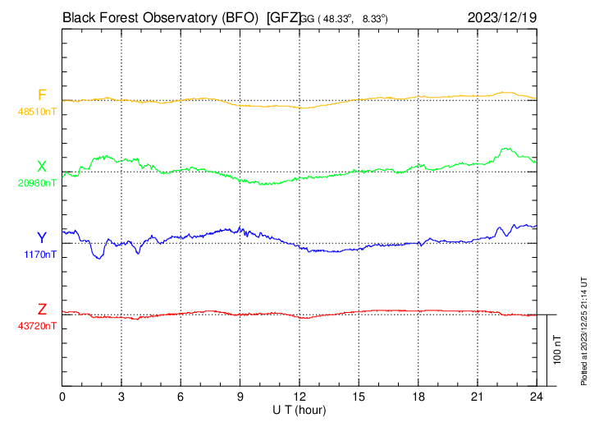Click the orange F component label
coord(42,94)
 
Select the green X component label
coord(42,167)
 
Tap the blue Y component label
coord(42,238)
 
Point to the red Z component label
coord(42,310)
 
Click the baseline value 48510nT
coord(39,111)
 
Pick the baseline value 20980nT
coord(39,183)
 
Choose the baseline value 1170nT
coord(40,255)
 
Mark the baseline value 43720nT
coord(39,326)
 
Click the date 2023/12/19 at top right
coord(501,16)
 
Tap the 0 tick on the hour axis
coord(62,396)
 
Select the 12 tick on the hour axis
coord(299,396)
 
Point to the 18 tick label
coord(418,396)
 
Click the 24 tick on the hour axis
coord(536,396)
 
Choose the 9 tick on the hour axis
coord(240,396)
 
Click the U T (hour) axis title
coord(299,409)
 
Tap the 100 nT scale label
coord(557,349)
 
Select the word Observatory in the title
coord(175,16)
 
